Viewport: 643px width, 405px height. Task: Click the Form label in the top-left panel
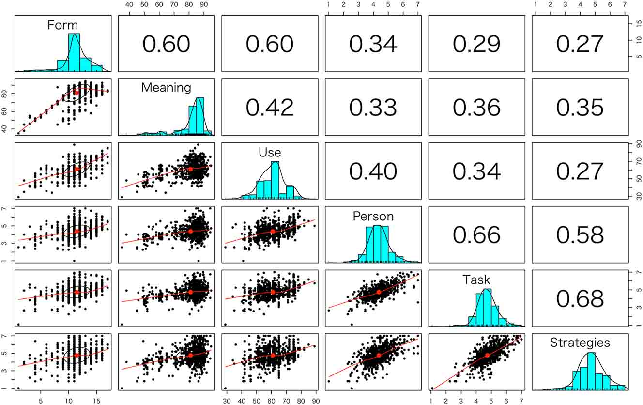pyautogui.click(x=62, y=25)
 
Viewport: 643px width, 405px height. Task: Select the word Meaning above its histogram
pyautogui.click(x=166, y=88)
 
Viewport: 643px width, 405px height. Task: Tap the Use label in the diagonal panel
pyautogui.click(x=270, y=153)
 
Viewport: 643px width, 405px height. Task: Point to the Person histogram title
pyautogui.click(x=373, y=216)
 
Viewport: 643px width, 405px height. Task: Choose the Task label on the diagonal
pyautogui.click(x=476, y=280)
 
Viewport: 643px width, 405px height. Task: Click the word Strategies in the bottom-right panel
pyautogui.click(x=580, y=343)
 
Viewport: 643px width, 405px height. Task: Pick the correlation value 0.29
pyautogui.click(x=476, y=44)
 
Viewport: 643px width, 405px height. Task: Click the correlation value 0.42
pyautogui.click(x=270, y=107)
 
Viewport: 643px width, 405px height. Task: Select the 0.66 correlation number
pyautogui.click(x=476, y=234)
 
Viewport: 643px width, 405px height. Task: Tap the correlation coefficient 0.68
pyautogui.click(x=580, y=298)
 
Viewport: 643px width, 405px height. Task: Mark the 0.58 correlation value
pyautogui.click(x=580, y=234)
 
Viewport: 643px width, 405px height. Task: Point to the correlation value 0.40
pyautogui.click(x=373, y=171)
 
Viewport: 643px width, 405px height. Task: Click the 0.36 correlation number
pyautogui.click(x=476, y=107)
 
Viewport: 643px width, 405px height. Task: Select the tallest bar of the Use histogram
pyautogui.click(x=276, y=179)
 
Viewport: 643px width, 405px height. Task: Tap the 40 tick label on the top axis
pyautogui.click(x=129, y=4)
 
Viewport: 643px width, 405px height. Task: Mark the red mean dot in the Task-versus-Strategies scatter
pyautogui.click(x=487, y=355)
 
